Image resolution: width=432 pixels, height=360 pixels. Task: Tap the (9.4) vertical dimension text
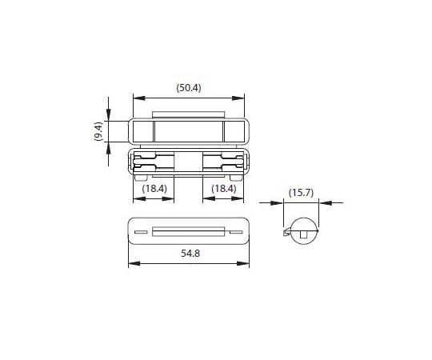[x=98, y=131]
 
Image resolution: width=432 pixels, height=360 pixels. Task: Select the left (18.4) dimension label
[x=154, y=188]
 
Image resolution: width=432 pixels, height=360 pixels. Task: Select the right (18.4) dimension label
[x=222, y=188]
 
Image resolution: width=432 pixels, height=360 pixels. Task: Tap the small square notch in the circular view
[x=304, y=234]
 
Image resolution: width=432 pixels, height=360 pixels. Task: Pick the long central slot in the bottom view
[x=189, y=233]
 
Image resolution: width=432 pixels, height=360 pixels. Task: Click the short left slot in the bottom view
[x=141, y=233]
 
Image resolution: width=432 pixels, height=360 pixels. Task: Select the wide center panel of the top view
[x=189, y=131]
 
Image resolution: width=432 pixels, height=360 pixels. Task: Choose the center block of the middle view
[x=189, y=160]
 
